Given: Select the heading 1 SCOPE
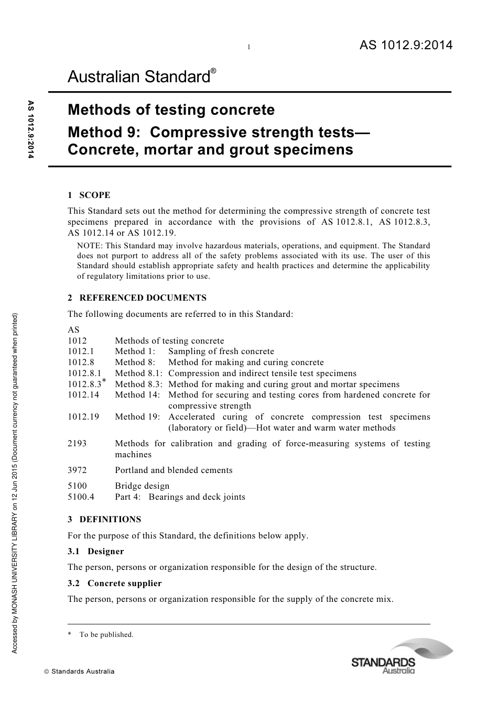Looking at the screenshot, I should tap(89, 195).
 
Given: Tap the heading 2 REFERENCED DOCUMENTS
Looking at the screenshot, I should tap(137, 298).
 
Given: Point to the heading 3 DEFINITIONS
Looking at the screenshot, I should tap(104, 520).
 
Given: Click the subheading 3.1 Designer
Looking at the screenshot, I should tap(96, 552).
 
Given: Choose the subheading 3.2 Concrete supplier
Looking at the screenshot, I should tap(115, 584).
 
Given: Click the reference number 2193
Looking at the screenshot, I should tap(77, 444).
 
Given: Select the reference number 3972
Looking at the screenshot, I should tap(77, 470).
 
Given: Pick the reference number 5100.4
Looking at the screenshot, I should tap(81, 497).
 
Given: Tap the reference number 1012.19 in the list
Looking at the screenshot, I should tap(83, 417).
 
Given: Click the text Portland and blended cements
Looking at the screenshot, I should tap(174, 470).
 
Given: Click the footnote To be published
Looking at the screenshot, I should tap(106, 635).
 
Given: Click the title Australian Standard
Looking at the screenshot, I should tap(139, 78).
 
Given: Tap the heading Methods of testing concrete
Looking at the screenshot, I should tap(171, 110).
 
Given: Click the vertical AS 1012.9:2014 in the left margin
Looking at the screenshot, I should tap(30, 129).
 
